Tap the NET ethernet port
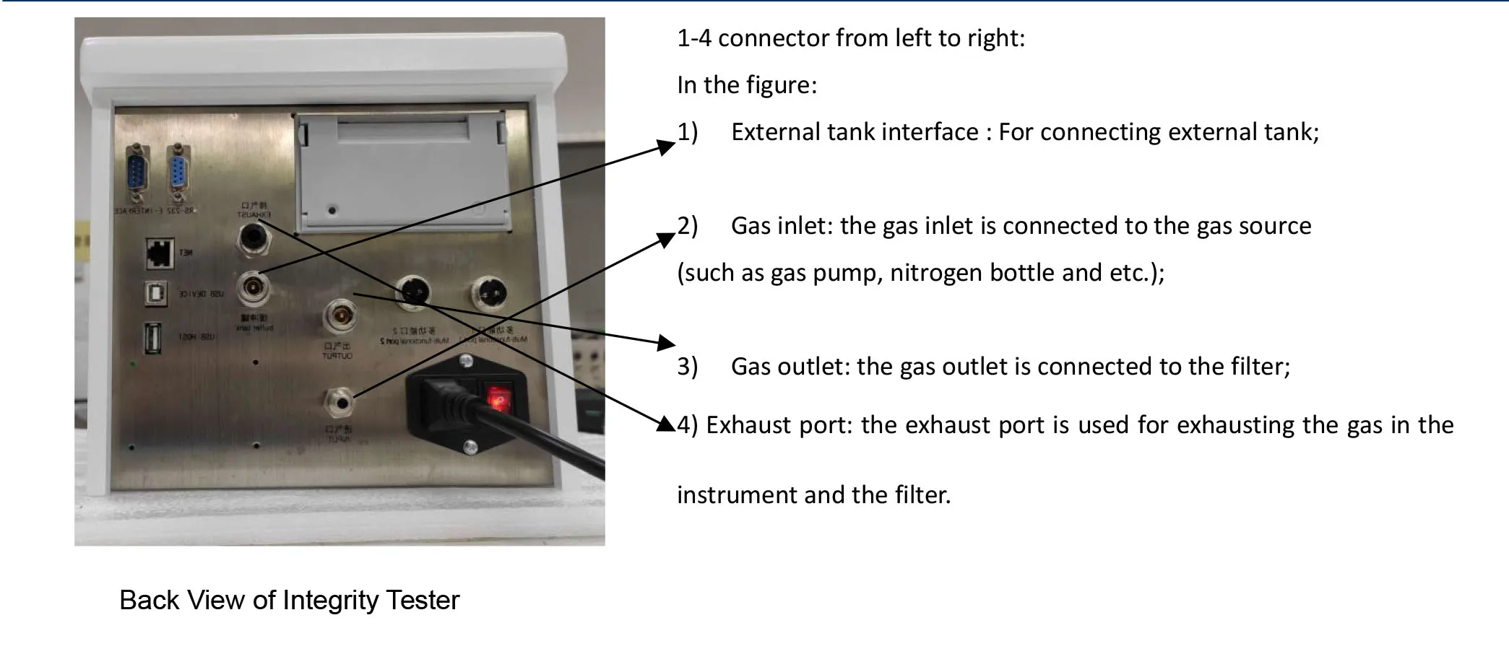click(158, 251)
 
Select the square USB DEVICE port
click(155, 294)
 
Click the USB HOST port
click(152, 338)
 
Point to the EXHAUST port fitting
click(254, 237)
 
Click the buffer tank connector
click(254, 288)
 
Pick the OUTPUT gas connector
click(340, 317)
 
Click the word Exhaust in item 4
click(748, 425)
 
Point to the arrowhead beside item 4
click(666, 424)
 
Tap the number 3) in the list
click(687, 367)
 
